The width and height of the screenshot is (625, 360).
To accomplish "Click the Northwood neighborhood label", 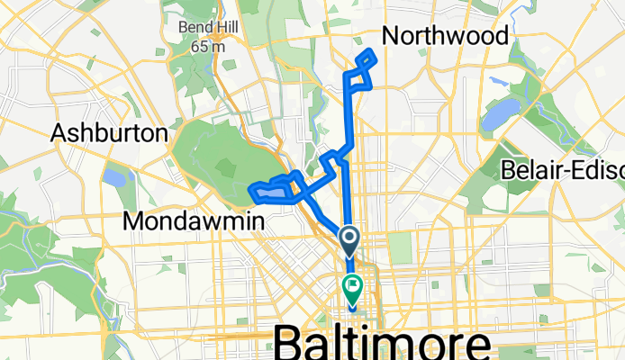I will pos(445,35).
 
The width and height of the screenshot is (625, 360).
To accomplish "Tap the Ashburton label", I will pos(109,133).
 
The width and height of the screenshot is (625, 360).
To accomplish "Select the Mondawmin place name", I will pos(192,220).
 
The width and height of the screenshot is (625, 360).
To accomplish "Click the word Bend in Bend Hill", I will pos(196,27).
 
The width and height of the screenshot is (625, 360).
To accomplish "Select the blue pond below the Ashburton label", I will pos(114,176).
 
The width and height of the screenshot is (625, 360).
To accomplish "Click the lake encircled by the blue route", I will pos(275,191).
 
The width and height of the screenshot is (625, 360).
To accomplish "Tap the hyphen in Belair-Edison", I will pos(573,169).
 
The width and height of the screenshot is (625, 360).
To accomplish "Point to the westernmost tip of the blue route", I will pos(249,190).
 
